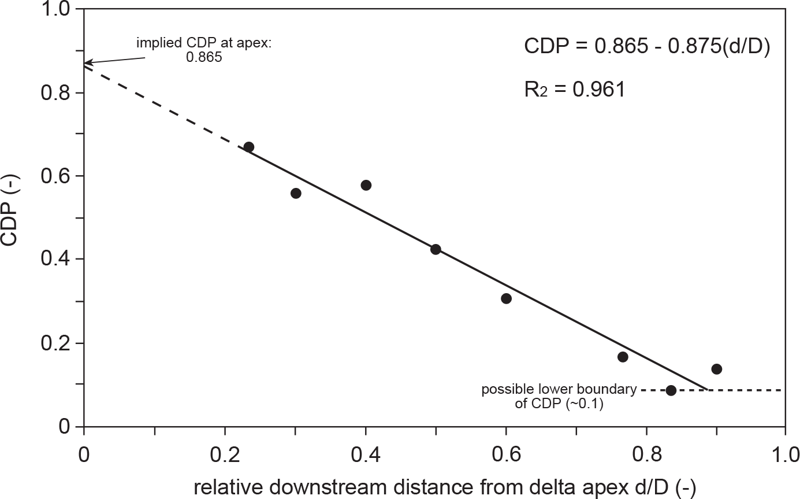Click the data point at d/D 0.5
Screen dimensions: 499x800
pos(436,249)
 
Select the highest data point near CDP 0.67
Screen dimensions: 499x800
pos(248,147)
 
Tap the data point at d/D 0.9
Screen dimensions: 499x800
pos(716,369)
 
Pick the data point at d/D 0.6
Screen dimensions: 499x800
pos(506,298)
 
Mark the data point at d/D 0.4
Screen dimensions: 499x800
pos(366,185)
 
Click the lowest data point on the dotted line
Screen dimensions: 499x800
pos(671,390)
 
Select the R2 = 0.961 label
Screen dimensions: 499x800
pos(575,91)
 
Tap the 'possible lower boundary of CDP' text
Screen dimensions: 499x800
pos(559,397)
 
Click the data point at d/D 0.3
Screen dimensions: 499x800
pos(296,193)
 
